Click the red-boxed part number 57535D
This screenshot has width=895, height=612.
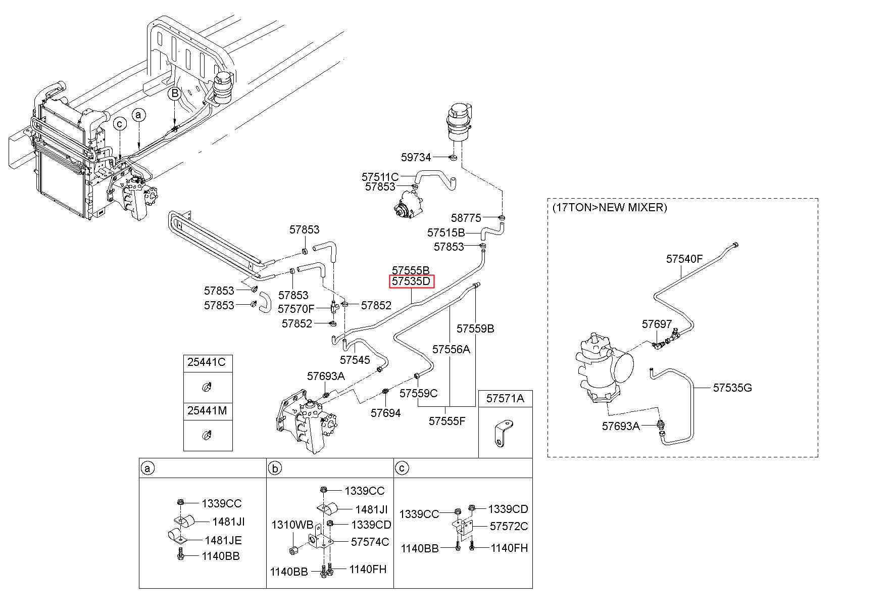tap(411, 281)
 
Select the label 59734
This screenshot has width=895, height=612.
tap(416, 157)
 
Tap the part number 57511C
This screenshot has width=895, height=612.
tap(380, 177)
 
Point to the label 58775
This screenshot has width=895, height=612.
tap(466, 218)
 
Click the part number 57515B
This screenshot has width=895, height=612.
tap(446, 233)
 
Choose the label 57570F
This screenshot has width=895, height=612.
tap(296, 308)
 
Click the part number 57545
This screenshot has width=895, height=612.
tap(355, 360)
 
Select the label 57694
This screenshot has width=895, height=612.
tap(385, 413)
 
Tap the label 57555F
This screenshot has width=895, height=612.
tap(447, 420)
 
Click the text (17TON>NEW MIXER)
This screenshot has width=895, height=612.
tap(609, 207)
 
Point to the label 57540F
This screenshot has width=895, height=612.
tap(684, 259)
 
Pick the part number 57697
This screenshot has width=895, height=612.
tap(657, 324)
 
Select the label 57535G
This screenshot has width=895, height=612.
tap(732, 388)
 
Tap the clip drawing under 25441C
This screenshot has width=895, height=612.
tap(207, 387)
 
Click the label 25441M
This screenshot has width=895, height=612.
tap(207, 411)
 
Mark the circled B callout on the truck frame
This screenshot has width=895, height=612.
tap(174, 93)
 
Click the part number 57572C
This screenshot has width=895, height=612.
tap(509, 526)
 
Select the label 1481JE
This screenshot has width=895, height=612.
tap(223, 540)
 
